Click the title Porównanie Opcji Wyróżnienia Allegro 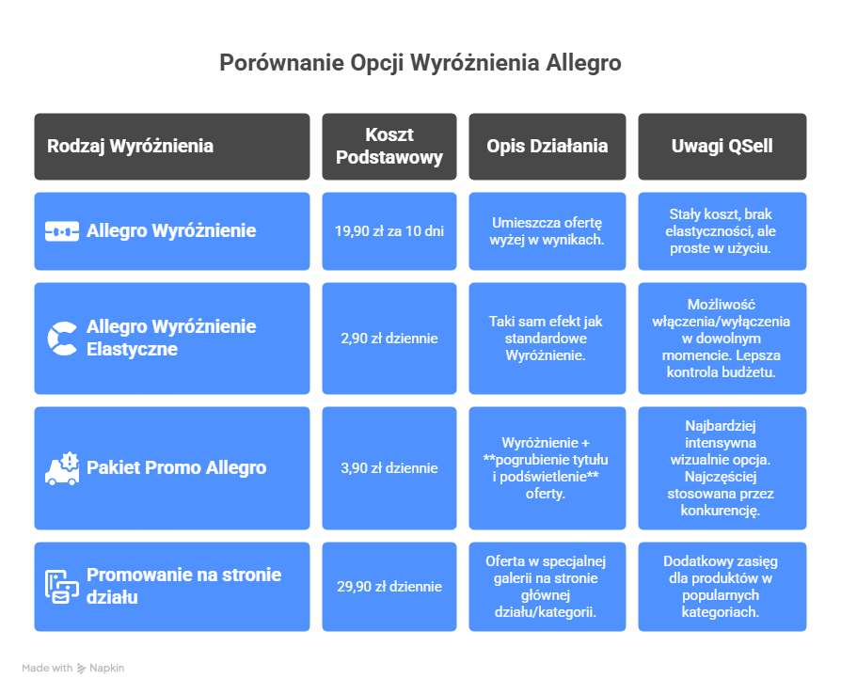click(420, 63)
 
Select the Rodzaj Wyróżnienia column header click(130, 146)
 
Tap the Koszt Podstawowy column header click(389, 146)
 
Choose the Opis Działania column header click(547, 146)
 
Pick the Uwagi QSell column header click(722, 146)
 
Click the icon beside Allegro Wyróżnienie click(62, 230)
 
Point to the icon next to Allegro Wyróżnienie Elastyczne click(62, 339)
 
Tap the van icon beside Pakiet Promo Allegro click(62, 467)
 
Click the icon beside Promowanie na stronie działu click(62, 586)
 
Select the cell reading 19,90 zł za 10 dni click(389, 230)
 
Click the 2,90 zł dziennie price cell click(389, 339)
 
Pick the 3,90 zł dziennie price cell click(389, 467)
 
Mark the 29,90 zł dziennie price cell click(389, 586)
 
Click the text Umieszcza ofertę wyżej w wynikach click(547, 230)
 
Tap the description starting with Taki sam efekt click(547, 338)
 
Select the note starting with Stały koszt click(722, 230)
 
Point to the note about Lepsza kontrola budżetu click(722, 338)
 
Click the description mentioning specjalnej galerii click(547, 586)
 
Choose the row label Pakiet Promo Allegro click(176, 467)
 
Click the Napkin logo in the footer click(101, 669)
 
